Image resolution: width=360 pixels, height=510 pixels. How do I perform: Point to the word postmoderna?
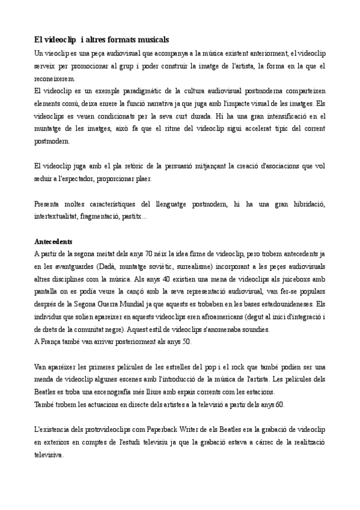coord(263,90)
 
